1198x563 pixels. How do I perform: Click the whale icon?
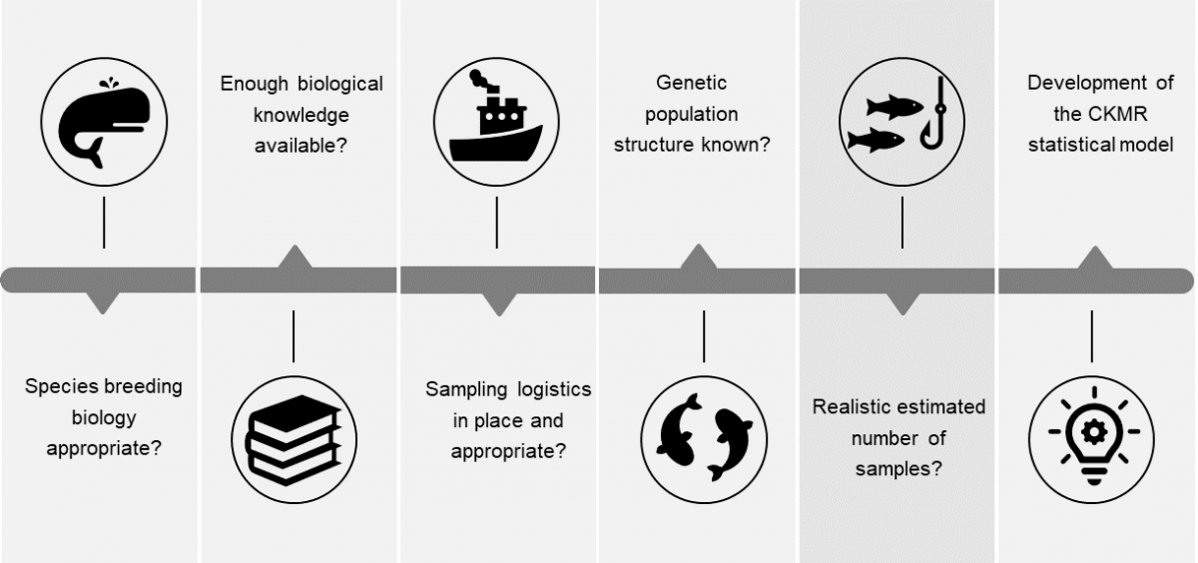(x=103, y=121)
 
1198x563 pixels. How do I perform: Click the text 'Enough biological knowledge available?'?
(x=300, y=114)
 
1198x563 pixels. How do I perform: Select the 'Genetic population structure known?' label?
(x=691, y=113)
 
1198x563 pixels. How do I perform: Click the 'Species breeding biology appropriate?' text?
(x=103, y=416)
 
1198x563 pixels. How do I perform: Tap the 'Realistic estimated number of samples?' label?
(x=898, y=437)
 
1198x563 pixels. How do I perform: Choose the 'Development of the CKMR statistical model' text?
(x=1099, y=113)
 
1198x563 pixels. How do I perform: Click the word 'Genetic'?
(x=691, y=82)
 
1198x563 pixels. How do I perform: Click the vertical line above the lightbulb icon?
(x=1091, y=335)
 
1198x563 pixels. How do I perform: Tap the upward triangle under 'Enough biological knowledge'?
(x=296, y=258)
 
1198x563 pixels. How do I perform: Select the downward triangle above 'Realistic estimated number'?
(x=902, y=303)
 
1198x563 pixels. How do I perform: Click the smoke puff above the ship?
(x=476, y=77)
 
